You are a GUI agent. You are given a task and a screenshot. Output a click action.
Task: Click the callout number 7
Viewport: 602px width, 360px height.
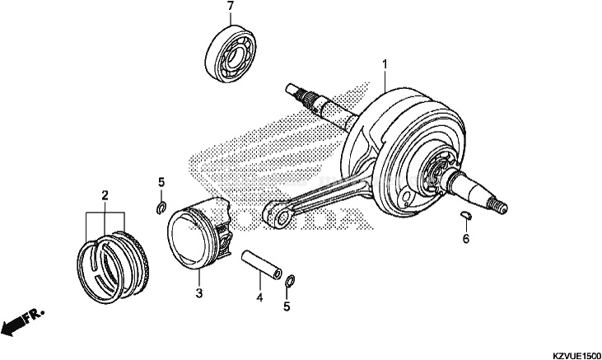click(230, 7)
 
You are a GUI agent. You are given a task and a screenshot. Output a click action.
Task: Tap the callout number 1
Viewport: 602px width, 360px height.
click(384, 63)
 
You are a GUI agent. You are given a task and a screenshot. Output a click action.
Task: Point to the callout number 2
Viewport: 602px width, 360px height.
click(105, 195)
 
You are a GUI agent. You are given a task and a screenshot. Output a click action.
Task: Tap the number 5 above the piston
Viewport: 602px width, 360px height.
click(162, 181)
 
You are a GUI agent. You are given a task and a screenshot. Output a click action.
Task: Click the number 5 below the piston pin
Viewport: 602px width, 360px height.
click(287, 307)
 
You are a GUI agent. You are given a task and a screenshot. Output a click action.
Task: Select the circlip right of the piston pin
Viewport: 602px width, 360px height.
click(290, 283)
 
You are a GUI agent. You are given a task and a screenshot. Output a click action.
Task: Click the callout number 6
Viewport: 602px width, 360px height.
click(465, 239)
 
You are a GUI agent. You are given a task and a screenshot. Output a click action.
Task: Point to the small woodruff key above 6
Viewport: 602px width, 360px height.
click(465, 217)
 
